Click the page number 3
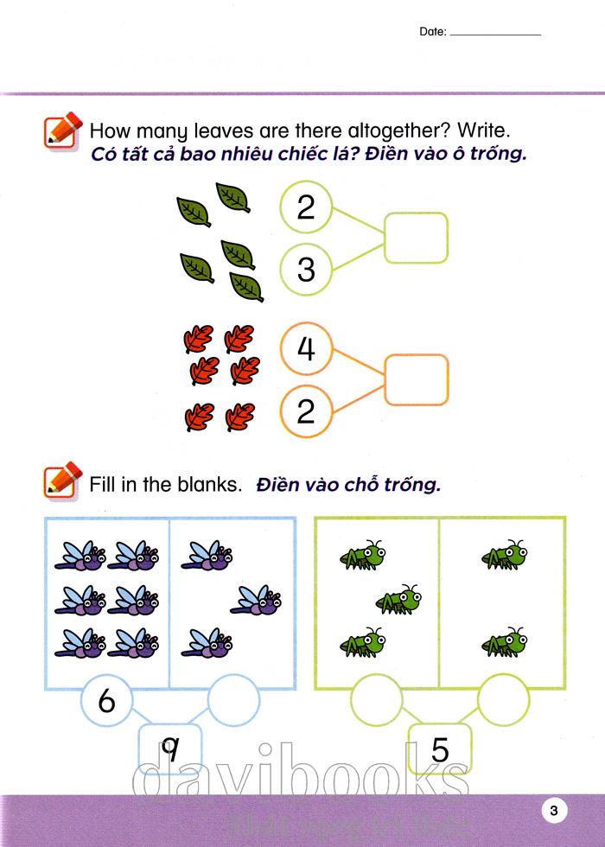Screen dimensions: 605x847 553,811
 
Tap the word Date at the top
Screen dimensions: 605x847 431,31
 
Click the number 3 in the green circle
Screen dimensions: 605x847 306,269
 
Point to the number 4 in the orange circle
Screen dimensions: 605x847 306,347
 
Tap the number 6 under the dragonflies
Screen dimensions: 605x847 106,701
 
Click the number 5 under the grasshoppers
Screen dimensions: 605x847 440,750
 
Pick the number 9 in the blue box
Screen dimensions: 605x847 170,750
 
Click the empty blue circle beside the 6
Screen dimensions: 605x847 234,675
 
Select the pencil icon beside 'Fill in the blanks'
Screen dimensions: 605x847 62,481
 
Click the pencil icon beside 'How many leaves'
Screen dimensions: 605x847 62,131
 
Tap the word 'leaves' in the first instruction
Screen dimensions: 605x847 224,131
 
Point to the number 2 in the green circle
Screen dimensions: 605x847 306,207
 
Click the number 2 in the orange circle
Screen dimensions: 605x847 306,411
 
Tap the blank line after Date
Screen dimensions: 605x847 495,35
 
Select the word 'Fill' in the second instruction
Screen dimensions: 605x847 103,484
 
